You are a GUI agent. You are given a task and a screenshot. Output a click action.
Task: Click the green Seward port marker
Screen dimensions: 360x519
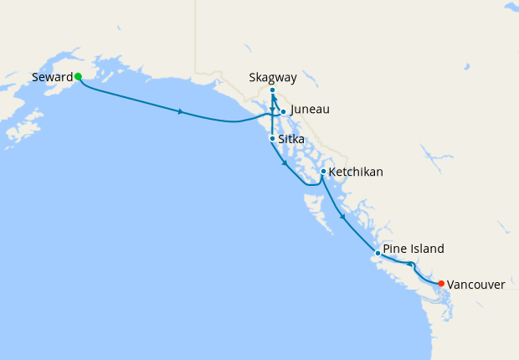pyautogui.click(x=78, y=76)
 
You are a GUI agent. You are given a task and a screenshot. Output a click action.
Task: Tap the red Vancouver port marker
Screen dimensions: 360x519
pyautogui.click(x=441, y=283)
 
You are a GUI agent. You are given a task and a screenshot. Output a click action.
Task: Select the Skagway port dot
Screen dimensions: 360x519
pyautogui.click(x=273, y=90)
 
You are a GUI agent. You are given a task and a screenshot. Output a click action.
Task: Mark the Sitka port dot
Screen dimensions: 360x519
pyautogui.click(x=272, y=138)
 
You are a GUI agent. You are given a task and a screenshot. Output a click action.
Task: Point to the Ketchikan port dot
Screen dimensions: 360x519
pyautogui.click(x=323, y=172)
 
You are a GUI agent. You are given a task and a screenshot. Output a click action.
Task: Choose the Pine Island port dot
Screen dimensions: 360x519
pyautogui.click(x=378, y=253)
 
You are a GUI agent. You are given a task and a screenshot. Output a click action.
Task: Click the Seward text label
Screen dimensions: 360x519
pyautogui.click(x=52, y=77)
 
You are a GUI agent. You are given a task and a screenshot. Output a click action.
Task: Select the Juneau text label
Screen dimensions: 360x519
pyautogui.click(x=310, y=110)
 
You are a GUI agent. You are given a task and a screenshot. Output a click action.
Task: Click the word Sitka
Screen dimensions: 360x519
pyautogui.click(x=291, y=139)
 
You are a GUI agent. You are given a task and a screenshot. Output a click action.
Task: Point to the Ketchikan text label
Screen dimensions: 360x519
pyautogui.click(x=356, y=172)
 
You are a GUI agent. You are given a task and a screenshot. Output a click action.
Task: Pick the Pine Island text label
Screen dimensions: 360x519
pyautogui.click(x=414, y=249)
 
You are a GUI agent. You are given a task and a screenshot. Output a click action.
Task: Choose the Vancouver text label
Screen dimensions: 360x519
pyautogui.click(x=475, y=285)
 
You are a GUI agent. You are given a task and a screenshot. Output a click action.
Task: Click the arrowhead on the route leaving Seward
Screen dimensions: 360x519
pyautogui.click(x=181, y=111)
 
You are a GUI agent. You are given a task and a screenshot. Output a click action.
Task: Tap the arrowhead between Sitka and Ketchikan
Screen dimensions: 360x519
pyautogui.click(x=286, y=164)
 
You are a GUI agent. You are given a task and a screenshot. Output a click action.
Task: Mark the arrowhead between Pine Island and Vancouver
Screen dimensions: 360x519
pyautogui.click(x=410, y=265)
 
